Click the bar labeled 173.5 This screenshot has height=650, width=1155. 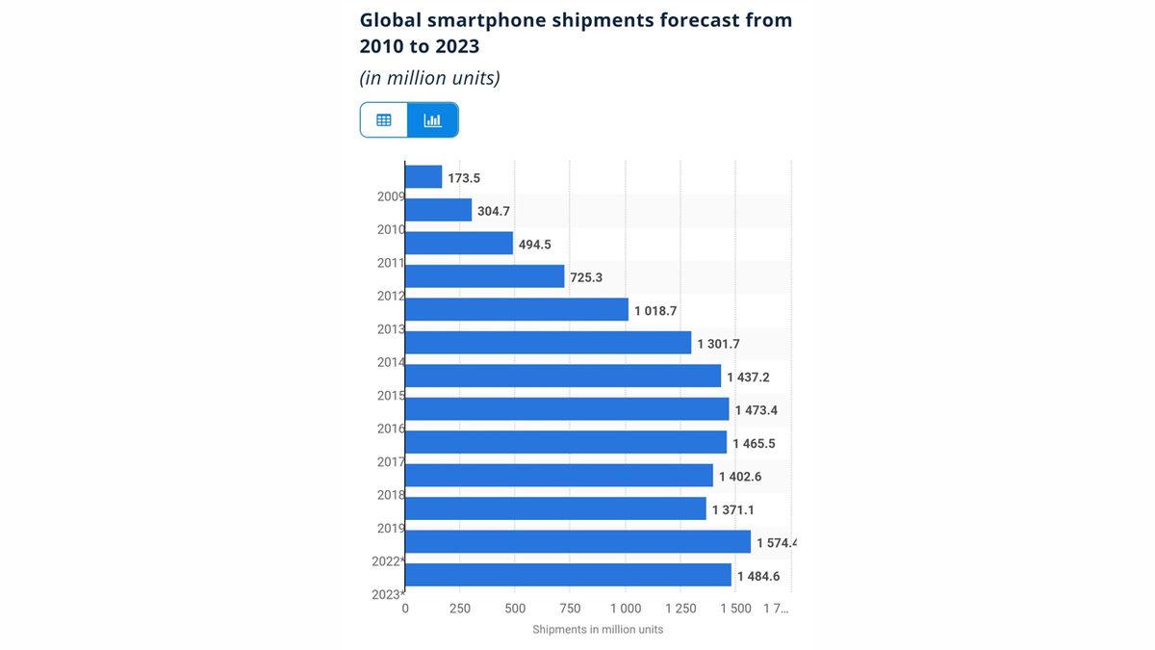coord(423,177)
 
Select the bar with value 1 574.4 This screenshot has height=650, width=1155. coord(577,542)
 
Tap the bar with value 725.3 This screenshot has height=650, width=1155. coord(484,276)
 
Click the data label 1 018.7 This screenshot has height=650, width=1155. coord(655,311)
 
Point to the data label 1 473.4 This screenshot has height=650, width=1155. coord(756,410)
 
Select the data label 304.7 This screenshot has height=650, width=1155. coord(494,211)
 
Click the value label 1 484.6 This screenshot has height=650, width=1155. coord(758,576)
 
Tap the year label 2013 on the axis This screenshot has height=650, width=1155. coord(391,329)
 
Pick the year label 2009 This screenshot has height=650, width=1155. coord(391,196)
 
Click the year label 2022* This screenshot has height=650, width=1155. coord(388,561)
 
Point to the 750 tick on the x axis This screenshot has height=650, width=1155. coord(570,609)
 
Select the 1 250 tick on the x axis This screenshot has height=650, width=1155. coord(680,609)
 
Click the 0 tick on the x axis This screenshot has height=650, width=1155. coord(405,609)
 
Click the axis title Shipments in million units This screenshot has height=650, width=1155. coord(598,630)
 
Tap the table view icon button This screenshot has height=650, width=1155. coord(384,120)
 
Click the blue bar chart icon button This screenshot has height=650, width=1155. coord(433,120)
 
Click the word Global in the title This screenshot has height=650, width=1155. coord(390,19)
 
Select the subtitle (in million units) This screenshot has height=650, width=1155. coord(429,77)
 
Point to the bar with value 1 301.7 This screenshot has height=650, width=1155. coord(548,343)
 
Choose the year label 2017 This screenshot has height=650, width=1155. coord(391,462)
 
